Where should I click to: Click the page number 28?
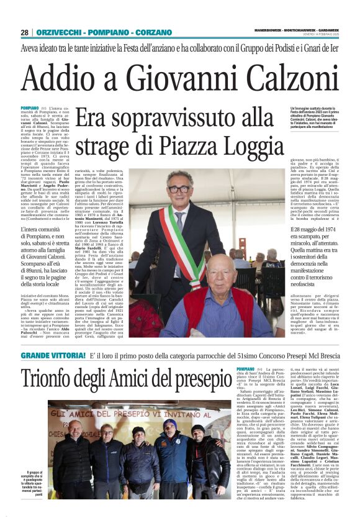click(24, 32)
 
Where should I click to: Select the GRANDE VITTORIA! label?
click(53, 356)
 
